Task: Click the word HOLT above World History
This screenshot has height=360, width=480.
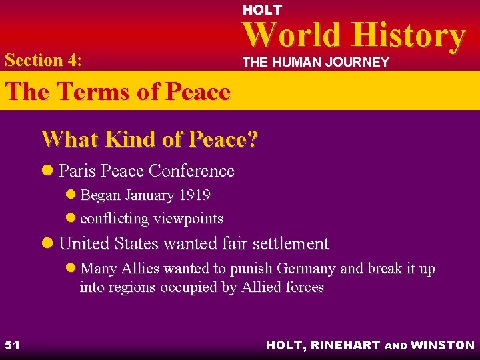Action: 262,10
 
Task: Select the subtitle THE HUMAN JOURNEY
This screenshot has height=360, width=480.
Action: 315,62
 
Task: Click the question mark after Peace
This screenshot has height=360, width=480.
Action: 253,139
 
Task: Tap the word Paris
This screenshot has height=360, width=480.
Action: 75,171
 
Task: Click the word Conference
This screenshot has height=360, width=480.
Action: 191,171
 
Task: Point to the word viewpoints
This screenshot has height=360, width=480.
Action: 188,218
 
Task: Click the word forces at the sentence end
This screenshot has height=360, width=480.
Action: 303,287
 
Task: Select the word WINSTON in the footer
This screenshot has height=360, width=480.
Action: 443,345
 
